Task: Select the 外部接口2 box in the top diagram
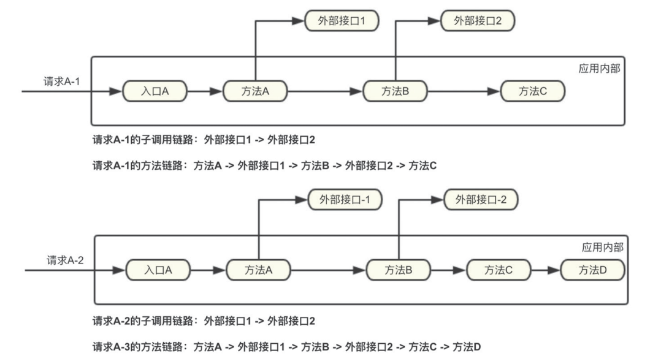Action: [478, 21]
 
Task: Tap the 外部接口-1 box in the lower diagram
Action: [345, 200]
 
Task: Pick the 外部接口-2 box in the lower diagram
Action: [481, 200]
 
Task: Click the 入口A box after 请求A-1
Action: [155, 91]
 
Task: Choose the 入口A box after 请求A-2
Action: [158, 270]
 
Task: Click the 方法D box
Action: [592, 270]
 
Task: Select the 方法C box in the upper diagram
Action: [532, 91]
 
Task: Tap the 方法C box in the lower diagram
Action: [498, 270]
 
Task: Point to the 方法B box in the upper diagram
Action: [395, 91]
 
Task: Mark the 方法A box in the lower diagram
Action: [258, 270]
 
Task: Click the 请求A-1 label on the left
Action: [61, 82]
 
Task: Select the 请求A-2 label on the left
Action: [65, 260]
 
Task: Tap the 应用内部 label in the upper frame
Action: [599, 69]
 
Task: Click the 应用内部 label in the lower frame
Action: [602, 248]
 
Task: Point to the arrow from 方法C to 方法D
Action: [544, 270]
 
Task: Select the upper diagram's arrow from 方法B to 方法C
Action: [464, 91]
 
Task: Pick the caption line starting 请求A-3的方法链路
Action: [286, 347]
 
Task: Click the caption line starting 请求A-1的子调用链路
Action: [204, 140]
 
